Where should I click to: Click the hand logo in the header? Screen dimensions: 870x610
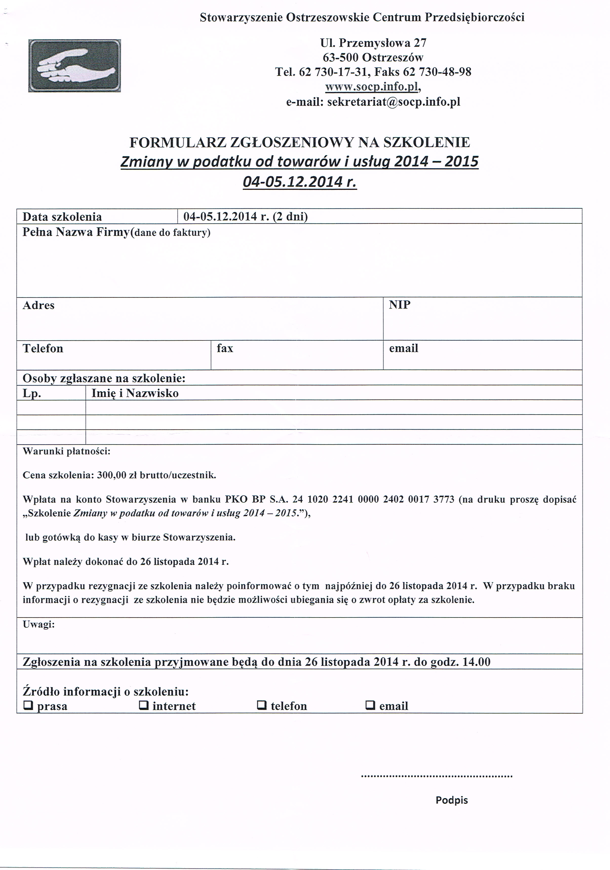[75, 66]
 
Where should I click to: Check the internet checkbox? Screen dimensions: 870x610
[144, 705]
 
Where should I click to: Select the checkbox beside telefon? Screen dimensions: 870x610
[261, 705]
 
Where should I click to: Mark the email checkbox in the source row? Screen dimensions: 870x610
[370, 705]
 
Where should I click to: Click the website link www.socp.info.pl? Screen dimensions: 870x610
[371, 87]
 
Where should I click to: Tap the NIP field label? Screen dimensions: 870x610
[399, 305]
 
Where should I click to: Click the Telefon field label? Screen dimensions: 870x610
[43, 348]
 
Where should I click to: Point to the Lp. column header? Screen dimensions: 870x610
[32, 393]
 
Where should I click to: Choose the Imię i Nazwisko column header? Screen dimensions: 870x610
[135, 393]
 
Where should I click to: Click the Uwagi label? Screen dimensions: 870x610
[39, 625]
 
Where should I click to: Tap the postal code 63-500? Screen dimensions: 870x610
[340, 57]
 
